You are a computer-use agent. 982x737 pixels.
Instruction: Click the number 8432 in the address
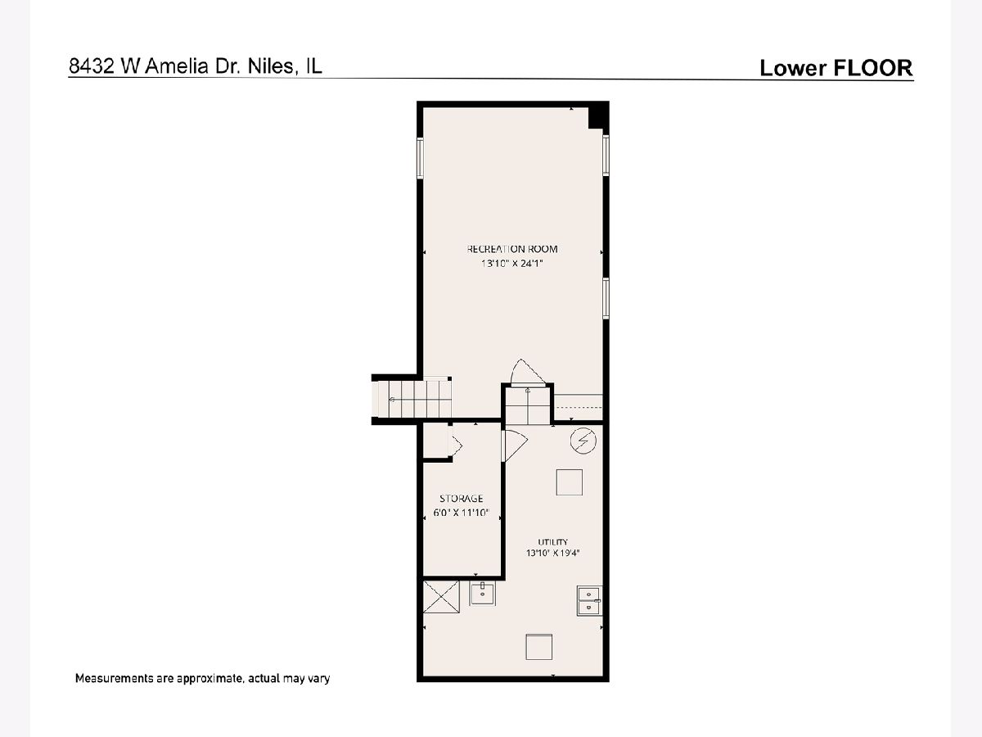92,66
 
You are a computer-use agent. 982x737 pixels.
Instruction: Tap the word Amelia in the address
177,66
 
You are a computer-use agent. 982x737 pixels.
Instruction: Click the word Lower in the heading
793,68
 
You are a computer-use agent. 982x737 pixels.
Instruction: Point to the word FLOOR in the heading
872,68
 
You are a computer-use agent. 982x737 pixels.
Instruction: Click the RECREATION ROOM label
512,249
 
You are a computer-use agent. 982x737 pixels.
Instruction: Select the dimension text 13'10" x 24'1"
511,263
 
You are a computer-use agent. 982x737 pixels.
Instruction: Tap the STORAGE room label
462,498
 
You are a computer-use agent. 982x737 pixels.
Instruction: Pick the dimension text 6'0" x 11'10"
462,513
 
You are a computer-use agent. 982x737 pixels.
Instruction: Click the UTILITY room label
553,542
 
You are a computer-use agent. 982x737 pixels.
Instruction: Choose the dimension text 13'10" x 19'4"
553,553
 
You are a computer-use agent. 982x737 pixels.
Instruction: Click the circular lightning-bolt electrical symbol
583,441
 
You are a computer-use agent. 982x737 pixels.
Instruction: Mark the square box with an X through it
441,596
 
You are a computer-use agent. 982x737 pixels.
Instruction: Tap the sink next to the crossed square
482,594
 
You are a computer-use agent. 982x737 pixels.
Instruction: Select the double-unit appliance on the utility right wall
589,600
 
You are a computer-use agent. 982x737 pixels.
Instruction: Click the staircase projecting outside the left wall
412,399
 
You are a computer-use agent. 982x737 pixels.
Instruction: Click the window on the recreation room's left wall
420,157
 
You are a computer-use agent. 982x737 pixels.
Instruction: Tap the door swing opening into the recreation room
528,373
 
